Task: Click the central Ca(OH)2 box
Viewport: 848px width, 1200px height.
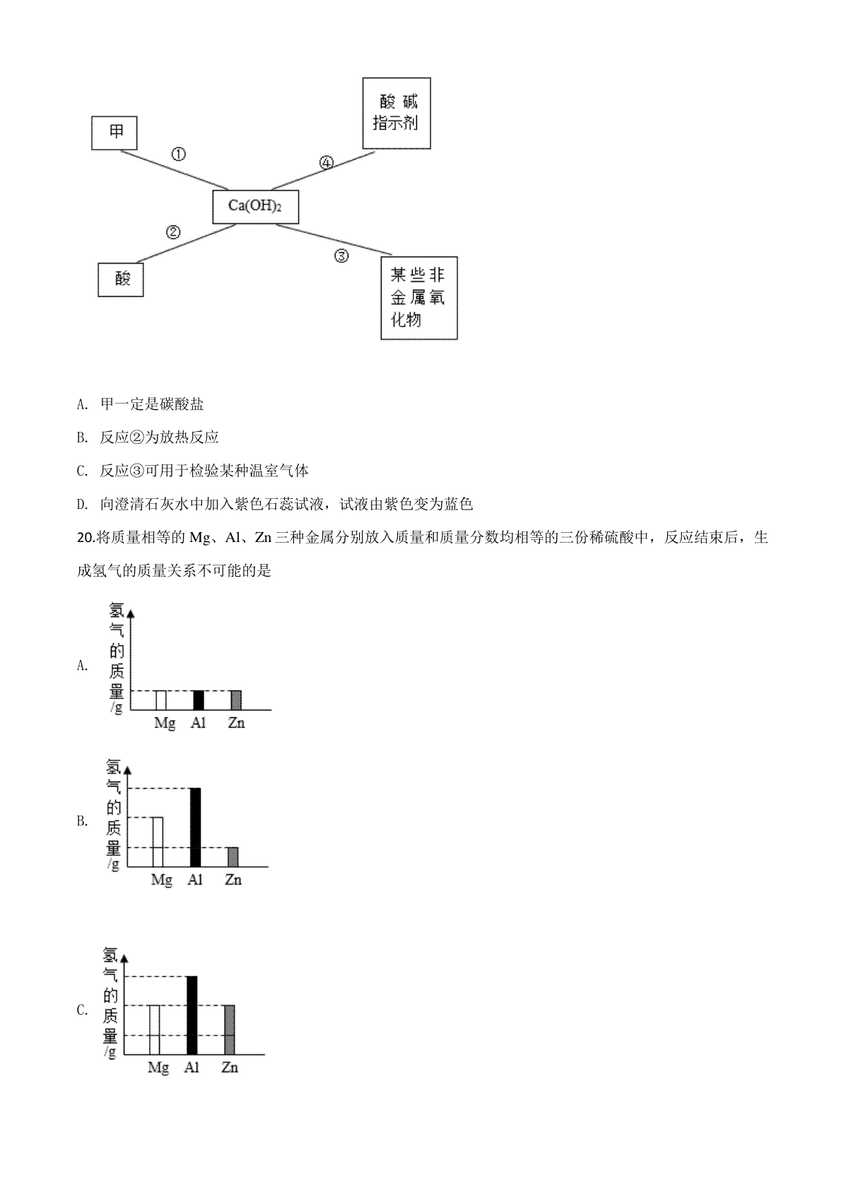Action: click(x=255, y=206)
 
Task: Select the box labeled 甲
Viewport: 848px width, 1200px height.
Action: click(x=115, y=132)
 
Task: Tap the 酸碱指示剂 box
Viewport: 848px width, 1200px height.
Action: click(x=396, y=112)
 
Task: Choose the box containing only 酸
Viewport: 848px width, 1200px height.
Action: click(x=121, y=278)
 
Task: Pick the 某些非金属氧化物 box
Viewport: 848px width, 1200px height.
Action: click(x=418, y=298)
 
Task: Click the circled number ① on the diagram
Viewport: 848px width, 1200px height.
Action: click(x=179, y=154)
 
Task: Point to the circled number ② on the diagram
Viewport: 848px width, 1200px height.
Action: click(x=173, y=232)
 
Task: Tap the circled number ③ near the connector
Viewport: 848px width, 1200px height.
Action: click(x=341, y=256)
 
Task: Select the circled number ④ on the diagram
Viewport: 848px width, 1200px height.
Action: click(x=326, y=163)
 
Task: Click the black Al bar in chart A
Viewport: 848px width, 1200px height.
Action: click(x=199, y=700)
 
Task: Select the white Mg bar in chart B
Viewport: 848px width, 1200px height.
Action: click(x=158, y=842)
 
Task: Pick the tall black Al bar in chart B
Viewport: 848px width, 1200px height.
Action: click(x=196, y=827)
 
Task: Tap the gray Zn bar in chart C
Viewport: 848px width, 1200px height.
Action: click(x=229, y=1030)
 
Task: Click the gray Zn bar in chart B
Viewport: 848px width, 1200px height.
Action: click(x=233, y=857)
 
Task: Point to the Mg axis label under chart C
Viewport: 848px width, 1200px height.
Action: click(x=158, y=1068)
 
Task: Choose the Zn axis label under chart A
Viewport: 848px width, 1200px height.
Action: click(x=236, y=723)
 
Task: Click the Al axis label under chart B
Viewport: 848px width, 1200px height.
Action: click(x=195, y=880)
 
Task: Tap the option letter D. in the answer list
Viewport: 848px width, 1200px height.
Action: click(x=82, y=505)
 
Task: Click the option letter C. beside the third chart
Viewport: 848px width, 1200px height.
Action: click(x=83, y=1011)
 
